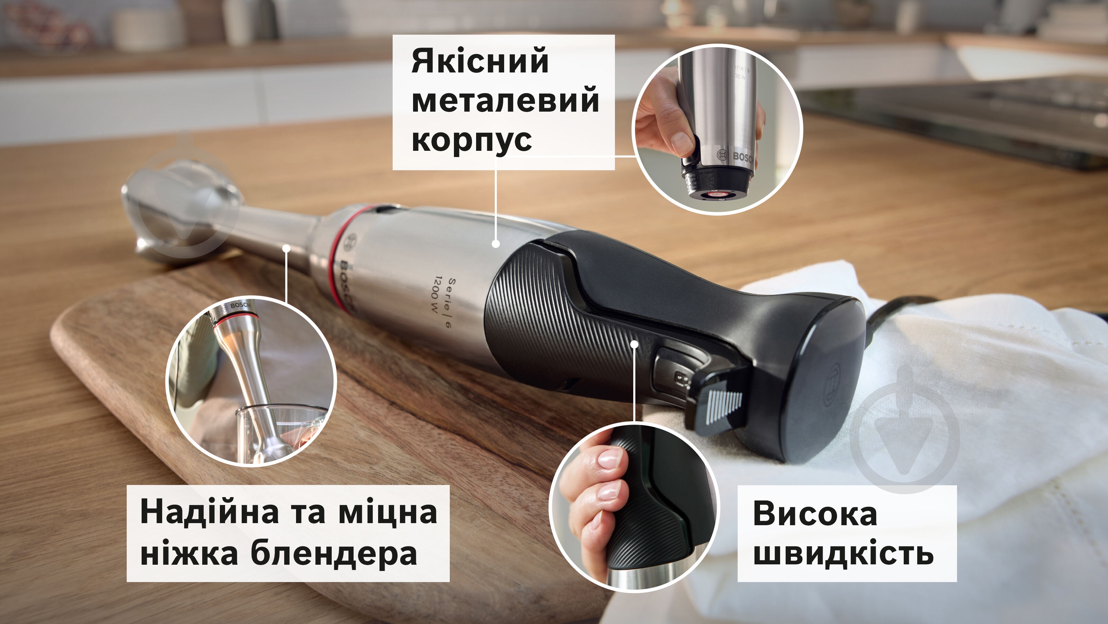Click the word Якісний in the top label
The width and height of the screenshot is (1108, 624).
coord(480,61)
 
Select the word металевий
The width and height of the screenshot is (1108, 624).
coord(506,100)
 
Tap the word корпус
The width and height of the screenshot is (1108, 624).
coord(472,141)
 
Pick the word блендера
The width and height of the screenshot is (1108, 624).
coord(334,553)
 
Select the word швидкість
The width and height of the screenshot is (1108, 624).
coord(843,552)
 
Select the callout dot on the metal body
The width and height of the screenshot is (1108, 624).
coord(495,244)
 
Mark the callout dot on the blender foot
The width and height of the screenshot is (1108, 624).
coord(286,248)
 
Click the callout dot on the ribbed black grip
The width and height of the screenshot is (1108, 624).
coord(634,344)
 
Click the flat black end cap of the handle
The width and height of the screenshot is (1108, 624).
coord(819,379)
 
